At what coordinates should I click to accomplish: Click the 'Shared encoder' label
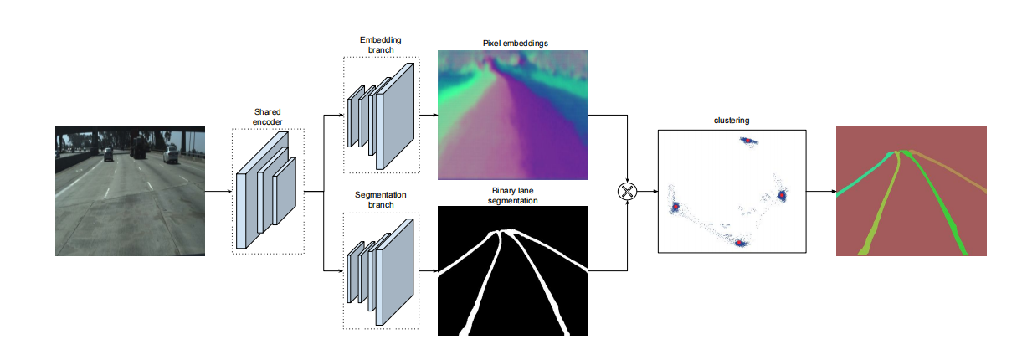point(268,116)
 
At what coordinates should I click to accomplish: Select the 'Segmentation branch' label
point(380,200)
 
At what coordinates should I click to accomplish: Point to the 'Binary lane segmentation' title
point(513,197)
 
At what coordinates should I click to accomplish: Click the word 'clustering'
point(731,121)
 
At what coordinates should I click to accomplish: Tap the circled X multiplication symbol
point(627,192)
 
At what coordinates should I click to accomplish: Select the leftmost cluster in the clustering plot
point(675,207)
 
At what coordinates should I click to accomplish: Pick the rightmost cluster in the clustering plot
point(783,195)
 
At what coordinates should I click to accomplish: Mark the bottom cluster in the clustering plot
point(740,244)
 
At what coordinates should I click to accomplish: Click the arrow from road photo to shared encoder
point(218,192)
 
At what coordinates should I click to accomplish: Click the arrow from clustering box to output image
point(820,192)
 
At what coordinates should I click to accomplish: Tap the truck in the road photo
point(138,149)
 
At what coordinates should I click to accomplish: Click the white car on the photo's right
point(171,154)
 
